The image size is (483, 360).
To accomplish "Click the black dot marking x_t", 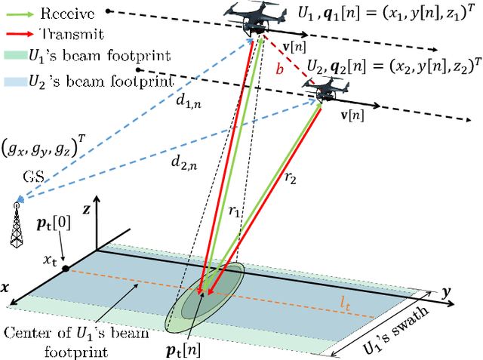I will pos(66,268).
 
